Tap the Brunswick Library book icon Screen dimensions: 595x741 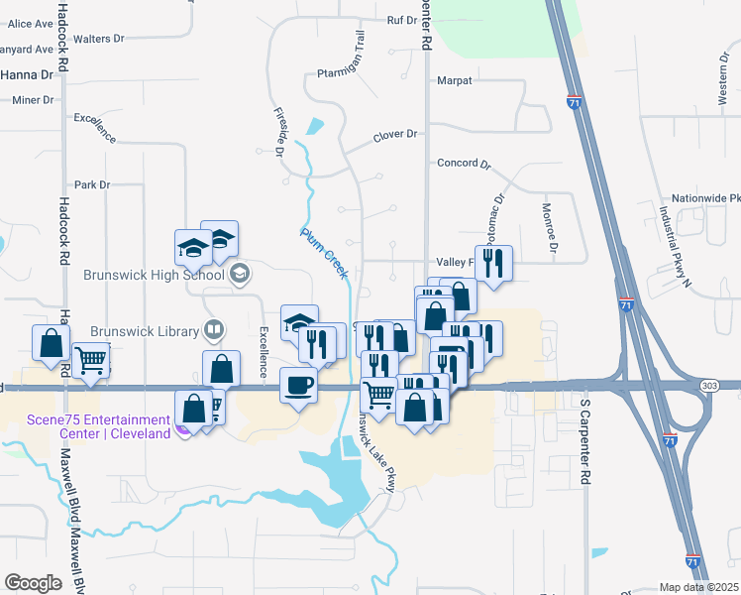click(213, 329)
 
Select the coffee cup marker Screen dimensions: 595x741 click(298, 385)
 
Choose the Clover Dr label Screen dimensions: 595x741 click(397, 135)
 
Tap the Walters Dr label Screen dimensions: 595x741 click(98, 39)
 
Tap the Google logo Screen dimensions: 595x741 click(34, 583)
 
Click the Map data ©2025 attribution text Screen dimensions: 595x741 click(699, 587)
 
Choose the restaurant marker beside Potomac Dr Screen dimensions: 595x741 click(492, 263)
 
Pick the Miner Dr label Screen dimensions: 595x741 click(33, 100)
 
